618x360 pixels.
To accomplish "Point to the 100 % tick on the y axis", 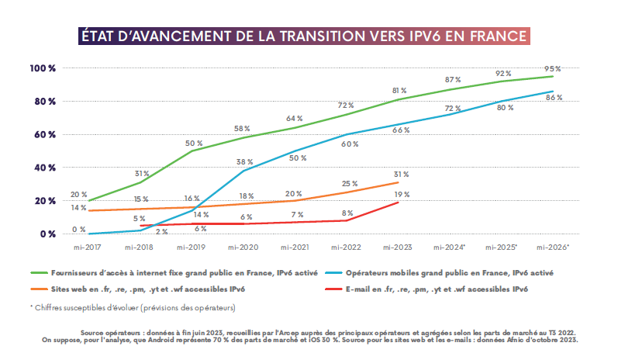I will [x=43, y=68].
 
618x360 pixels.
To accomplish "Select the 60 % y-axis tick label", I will [x=44, y=134].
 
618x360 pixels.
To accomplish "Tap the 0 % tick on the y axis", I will [x=47, y=234].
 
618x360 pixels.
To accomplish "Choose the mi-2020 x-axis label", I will [x=242, y=247].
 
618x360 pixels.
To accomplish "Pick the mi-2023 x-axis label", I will [x=396, y=247].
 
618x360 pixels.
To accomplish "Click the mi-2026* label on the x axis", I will [x=553, y=247].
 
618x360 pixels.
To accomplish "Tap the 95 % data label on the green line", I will [x=553, y=67].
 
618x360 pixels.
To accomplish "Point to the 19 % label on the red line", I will [x=402, y=195].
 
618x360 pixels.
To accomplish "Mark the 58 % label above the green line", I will [x=242, y=129].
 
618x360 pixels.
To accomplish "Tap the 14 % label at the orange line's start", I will [x=78, y=208].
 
